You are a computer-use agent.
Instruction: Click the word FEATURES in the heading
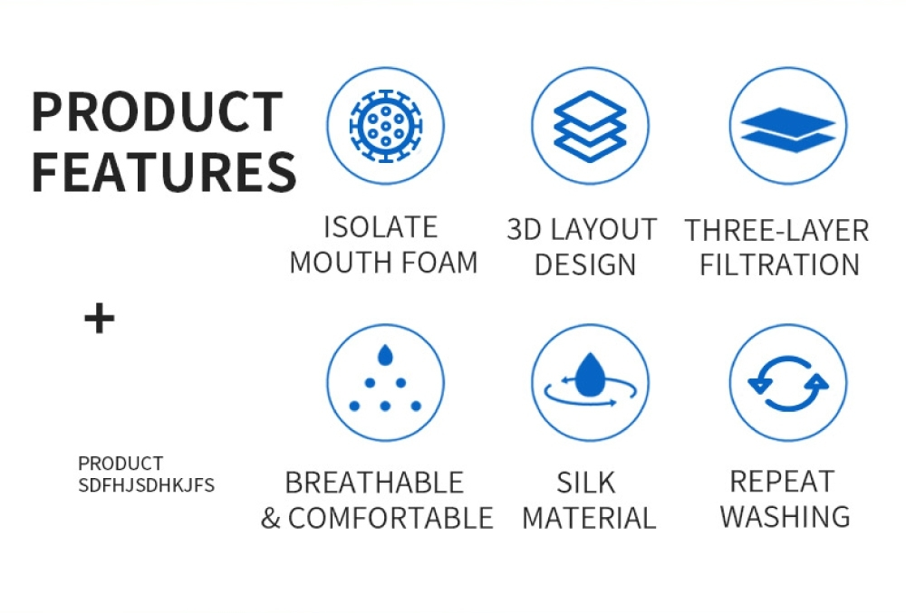pos(163,171)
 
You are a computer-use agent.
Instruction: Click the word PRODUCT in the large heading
pos(157,111)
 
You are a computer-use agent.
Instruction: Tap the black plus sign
pos(100,319)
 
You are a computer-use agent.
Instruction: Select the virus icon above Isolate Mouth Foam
pos(385,126)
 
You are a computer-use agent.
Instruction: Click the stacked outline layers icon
pos(590,126)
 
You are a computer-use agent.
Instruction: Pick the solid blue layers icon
pos(788,129)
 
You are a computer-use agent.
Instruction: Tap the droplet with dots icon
pos(385,378)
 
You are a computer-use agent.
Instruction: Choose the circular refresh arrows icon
pos(788,383)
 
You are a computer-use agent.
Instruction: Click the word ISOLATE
pos(381,227)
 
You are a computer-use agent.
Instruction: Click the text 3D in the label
pos(525,229)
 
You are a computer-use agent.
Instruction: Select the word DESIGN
pos(584,265)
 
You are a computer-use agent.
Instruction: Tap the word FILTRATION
pos(779,265)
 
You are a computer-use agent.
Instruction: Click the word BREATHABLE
pos(374,483)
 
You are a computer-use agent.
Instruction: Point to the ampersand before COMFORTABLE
pos(270,518)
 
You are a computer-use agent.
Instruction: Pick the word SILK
pos(586,483)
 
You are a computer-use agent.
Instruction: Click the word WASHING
pos(786,517)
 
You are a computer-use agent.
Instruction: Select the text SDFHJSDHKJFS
pos(146,485)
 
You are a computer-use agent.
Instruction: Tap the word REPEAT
pos(783,482)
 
